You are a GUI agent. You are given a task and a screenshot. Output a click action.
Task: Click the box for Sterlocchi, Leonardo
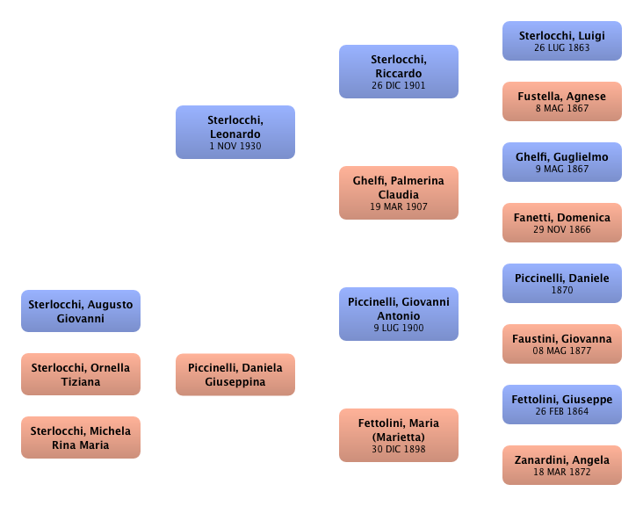235,133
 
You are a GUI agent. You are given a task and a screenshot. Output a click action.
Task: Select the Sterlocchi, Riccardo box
399,72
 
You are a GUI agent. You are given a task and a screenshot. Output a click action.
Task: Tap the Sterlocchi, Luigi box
562,41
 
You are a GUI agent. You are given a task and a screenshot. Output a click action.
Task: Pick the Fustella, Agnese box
562,102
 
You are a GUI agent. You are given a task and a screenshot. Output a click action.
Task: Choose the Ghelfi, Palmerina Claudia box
399,192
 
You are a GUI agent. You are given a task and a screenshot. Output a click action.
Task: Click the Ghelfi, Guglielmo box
562,163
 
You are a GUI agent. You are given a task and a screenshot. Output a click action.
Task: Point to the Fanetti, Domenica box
562,223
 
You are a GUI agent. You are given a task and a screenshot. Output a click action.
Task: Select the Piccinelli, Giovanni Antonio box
399,314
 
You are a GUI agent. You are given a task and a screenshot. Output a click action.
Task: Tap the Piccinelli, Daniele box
562,283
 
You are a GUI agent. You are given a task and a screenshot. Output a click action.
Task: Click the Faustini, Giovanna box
562,343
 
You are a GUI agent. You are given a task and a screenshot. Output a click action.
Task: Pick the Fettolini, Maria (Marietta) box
399,435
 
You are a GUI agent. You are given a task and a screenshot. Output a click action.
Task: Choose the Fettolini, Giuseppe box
562,404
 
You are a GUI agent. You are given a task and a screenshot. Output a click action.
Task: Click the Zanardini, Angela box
562,465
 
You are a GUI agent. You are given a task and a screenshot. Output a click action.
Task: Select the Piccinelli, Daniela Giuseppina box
235,374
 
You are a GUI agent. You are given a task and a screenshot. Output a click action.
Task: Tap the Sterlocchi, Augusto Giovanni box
81,311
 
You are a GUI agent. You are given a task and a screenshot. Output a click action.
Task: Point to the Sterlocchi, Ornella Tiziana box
81,374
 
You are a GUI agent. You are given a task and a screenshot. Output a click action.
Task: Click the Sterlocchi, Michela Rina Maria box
81,437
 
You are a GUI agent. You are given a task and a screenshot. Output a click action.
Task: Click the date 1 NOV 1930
235,147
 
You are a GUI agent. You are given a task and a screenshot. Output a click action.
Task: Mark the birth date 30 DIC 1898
399,449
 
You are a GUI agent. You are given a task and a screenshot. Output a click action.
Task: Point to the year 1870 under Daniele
562,290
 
